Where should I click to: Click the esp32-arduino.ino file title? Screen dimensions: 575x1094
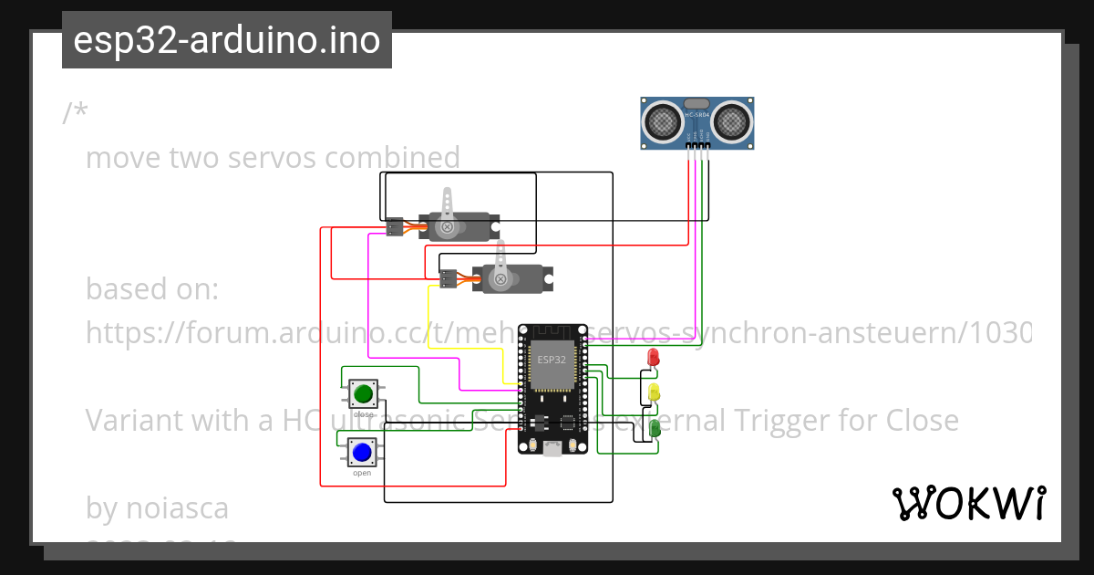click(226, 40)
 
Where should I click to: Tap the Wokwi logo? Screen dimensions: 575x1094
click(968, 503)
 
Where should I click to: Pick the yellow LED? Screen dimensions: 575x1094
click(654, 392)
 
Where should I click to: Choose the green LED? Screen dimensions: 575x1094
click(655, 427)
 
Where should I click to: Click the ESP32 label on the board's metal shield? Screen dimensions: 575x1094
click(551, 360)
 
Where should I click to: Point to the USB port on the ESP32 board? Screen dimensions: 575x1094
click(552, 448)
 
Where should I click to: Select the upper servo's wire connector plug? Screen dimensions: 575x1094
click(395, 226)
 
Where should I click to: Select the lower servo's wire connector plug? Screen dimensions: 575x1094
click(448, 279)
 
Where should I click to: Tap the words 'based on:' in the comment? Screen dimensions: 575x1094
click(152, 289)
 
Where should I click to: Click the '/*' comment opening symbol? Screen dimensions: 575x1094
click(75, 114)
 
